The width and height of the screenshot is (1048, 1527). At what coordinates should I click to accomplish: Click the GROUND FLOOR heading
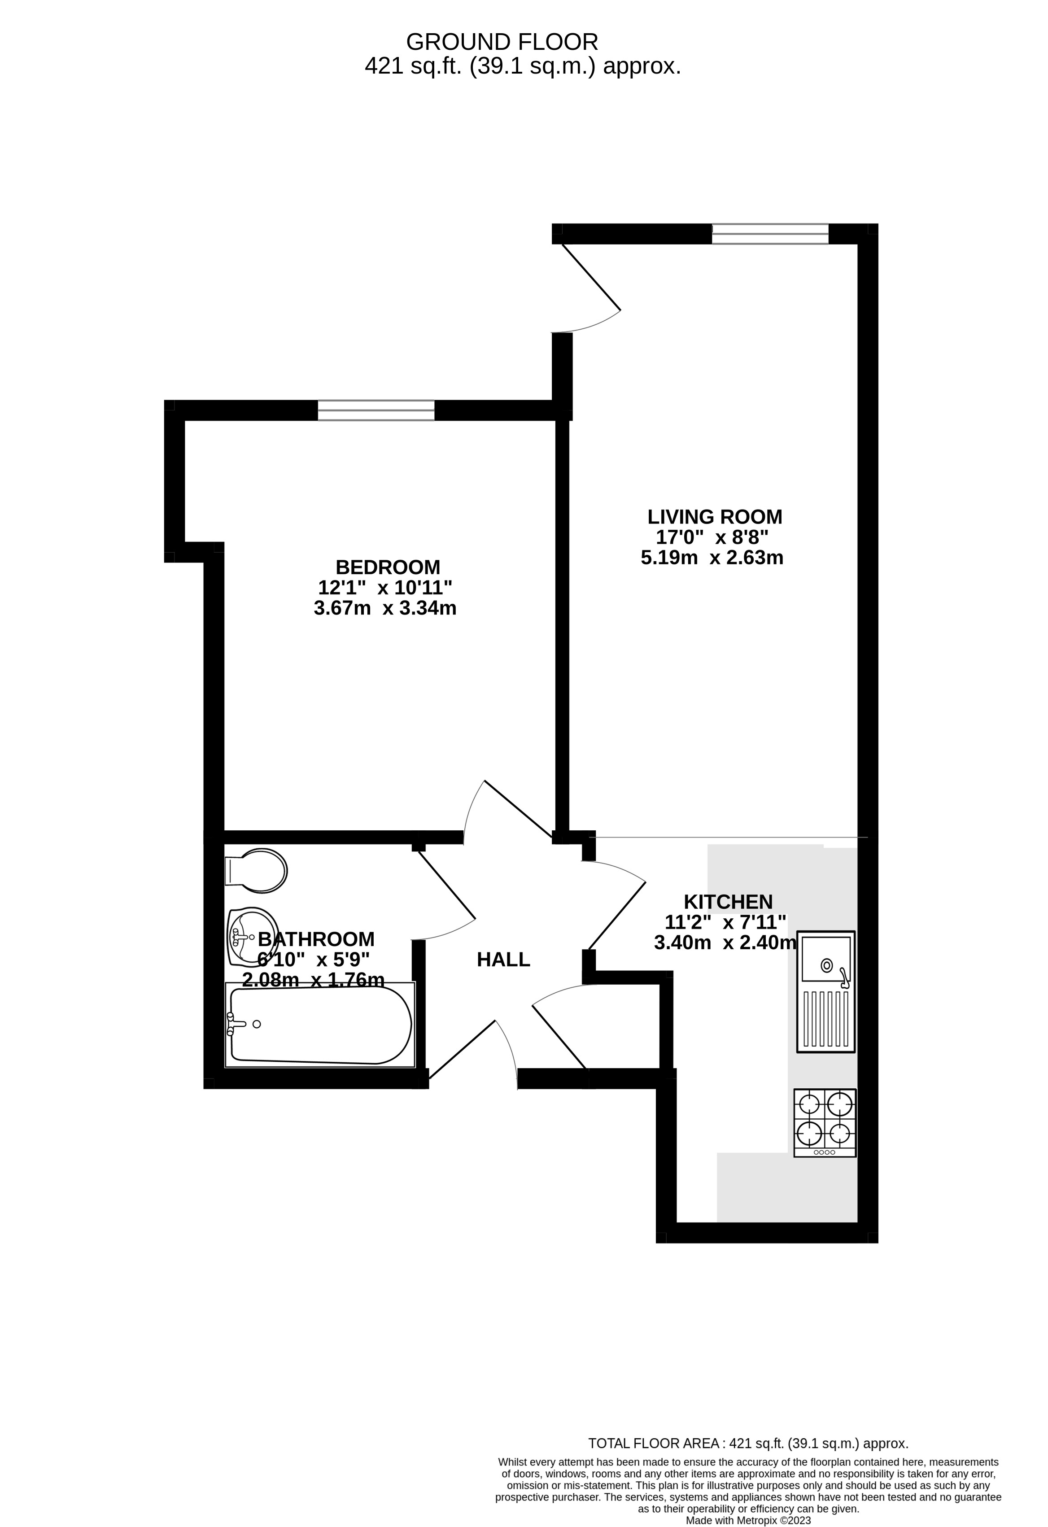tap(502, 42)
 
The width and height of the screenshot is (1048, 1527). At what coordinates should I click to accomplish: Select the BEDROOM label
tap(388, 567)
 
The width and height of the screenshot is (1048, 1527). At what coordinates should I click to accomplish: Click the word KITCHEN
tap(728, 902)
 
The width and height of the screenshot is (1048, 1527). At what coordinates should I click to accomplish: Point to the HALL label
tap(503, 960)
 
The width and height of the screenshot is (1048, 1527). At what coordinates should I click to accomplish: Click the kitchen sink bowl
tap(826, 959)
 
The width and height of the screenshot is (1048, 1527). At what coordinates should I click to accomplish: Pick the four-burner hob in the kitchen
tap(825, 1123)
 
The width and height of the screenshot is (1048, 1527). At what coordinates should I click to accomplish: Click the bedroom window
tap(376, 410)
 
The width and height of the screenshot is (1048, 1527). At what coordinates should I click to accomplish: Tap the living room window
tap(770, 234)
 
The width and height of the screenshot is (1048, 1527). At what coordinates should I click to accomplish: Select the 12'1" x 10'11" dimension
tap(385, 587)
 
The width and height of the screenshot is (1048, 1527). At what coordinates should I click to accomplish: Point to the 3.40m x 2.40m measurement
tap(725, 943)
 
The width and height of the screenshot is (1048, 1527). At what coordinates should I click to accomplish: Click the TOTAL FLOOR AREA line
tap(748, 1444)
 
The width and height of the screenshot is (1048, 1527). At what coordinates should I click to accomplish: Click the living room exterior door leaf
tap(591, 277)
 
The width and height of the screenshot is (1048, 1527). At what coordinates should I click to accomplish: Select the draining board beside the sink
tap(826, 1018)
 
